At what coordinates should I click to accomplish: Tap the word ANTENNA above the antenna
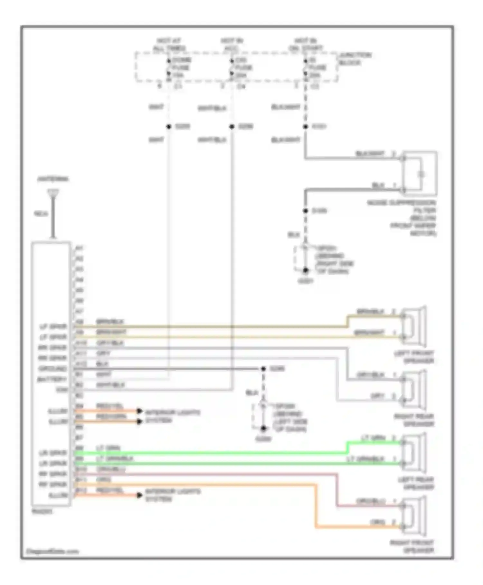[53, 179]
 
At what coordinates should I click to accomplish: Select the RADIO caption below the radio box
[42, 511]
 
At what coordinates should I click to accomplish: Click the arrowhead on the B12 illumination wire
[139, 495]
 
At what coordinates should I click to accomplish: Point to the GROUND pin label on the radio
[53, 369]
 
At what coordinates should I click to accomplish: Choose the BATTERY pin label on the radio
[52, 379]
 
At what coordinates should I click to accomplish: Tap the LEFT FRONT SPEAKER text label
[414, 357]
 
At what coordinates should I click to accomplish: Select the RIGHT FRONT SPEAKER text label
[412, 547]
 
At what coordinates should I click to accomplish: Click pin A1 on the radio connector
[79, 248]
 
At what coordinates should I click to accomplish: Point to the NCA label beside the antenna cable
[41, 214]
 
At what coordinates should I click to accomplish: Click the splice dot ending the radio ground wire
[263, 369]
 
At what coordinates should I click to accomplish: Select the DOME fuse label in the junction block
[182, 60]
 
